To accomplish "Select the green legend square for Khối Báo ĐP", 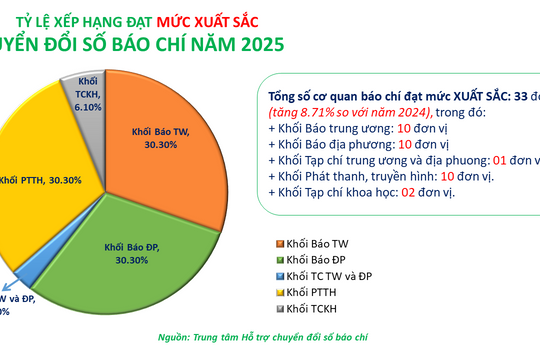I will click(276, 260).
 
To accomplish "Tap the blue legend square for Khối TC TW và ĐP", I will click(276, 275).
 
